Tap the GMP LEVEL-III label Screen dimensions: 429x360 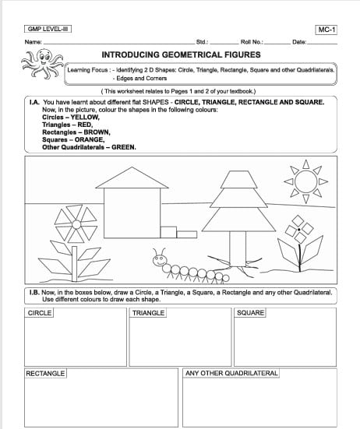[x=48, y=29]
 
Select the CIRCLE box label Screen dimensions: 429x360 [x=40, y=313]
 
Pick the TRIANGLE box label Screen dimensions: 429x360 [x=148, y=313]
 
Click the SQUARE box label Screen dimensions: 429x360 [x=250, y=313]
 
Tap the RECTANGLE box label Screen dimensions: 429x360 [x=45, y=374]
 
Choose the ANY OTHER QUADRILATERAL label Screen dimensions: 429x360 [x=231, y=374]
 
